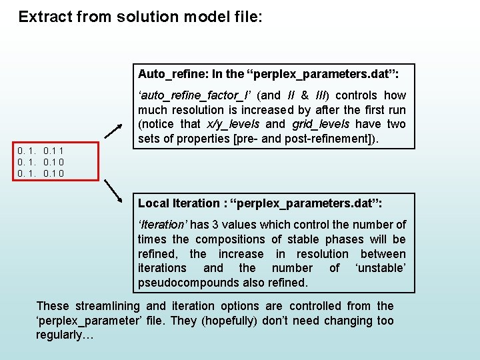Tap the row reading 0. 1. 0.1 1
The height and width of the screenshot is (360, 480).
(x=41, y=151)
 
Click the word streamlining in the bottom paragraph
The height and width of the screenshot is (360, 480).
(x=107, y=306)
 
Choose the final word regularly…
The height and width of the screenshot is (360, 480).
(x=65, y=335)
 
